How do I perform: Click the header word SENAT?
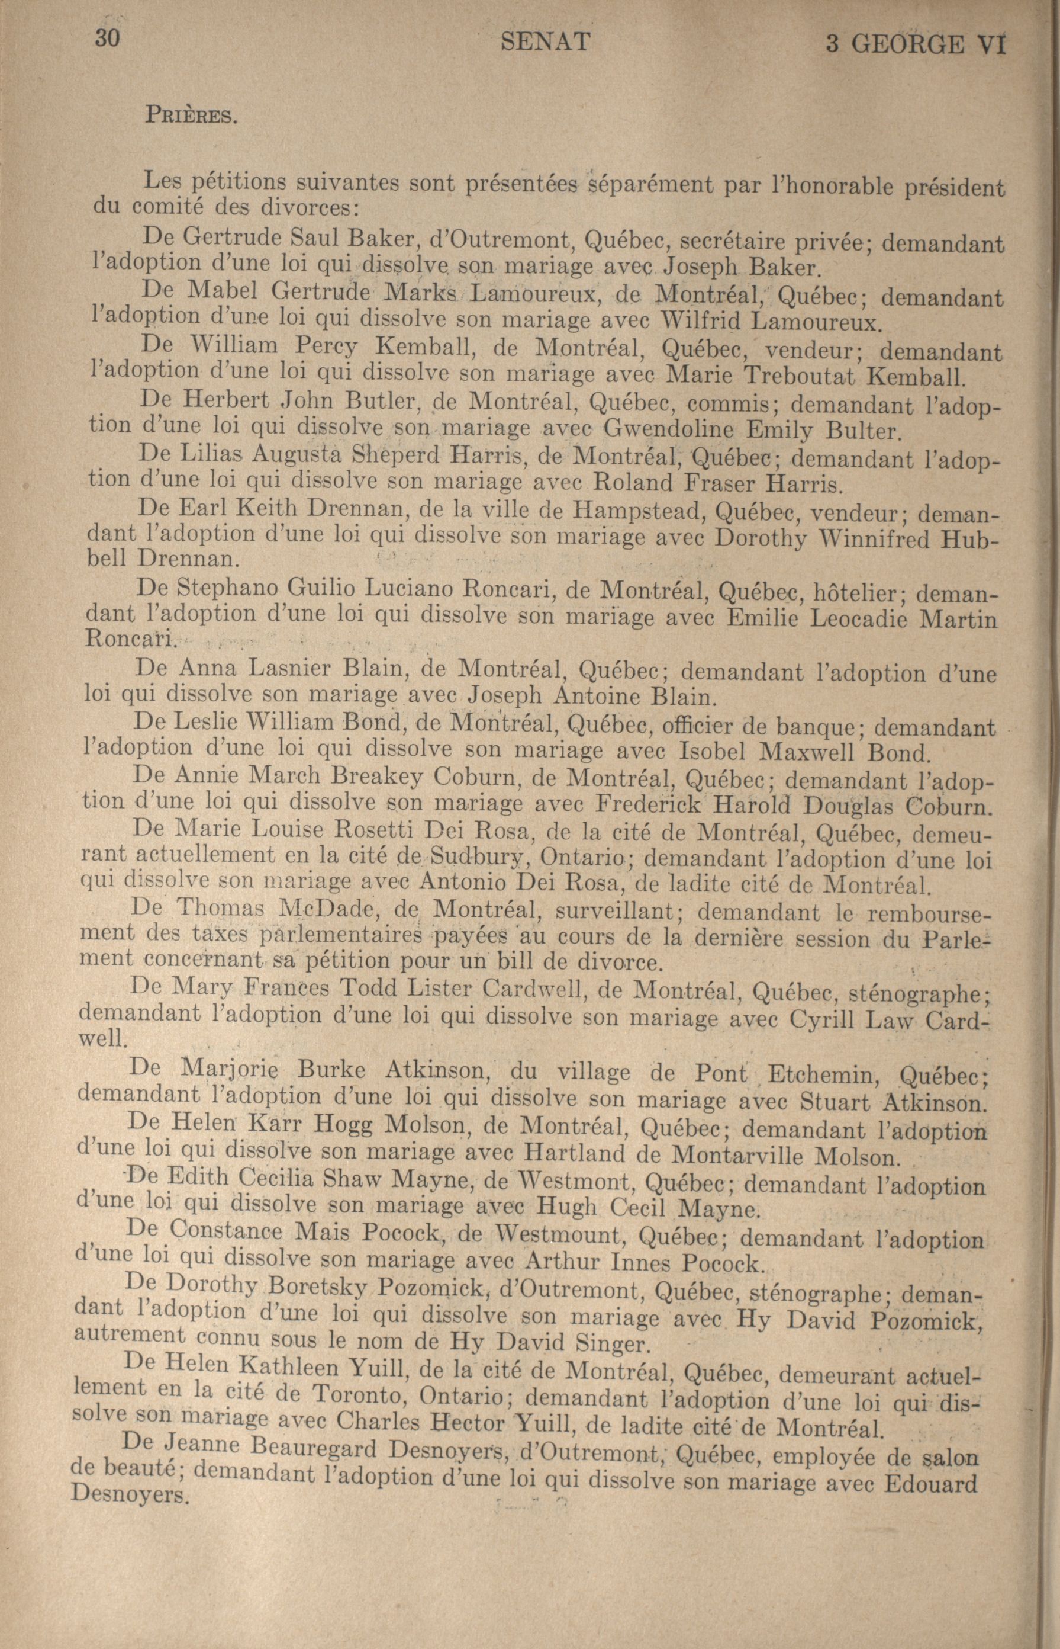pyautogui.click(x=545, y=43)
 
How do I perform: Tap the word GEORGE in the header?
pyautogui.click(x=906, y=45)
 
